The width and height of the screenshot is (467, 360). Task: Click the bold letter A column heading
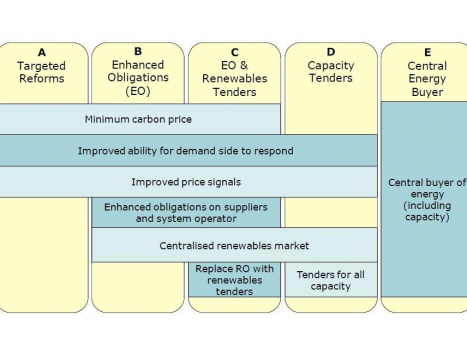pos(42,52)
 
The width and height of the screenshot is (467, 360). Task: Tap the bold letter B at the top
pos(138,51)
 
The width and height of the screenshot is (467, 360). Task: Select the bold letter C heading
pos(235,52)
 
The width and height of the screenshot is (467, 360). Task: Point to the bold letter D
pos(331,52)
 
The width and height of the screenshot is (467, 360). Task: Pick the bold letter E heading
pos(427,52)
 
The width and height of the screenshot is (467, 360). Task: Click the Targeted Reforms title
pos(42,72)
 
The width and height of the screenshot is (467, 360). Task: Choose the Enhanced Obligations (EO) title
pos(138,77)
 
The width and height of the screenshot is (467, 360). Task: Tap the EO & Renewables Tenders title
pos(235,79)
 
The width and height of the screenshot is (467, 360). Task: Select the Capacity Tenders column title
pos(331,71)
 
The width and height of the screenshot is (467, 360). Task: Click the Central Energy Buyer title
pos(427,79)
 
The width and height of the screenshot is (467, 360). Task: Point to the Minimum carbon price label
pos(138,119)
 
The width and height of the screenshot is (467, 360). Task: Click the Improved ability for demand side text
pos(186,151)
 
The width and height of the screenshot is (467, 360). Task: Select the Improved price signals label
pos(186,182)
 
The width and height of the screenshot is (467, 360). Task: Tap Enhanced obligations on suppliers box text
pos(186,213)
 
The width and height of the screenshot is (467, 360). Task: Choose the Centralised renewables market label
pos(234,246)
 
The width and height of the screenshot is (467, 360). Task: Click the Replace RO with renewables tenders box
pos(234,280)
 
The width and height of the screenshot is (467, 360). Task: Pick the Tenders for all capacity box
pos(331,280)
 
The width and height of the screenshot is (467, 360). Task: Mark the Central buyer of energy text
pos(427,188)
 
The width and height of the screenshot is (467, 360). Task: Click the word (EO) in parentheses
pos(138,91)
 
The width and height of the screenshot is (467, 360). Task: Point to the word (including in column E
pos(427,206)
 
